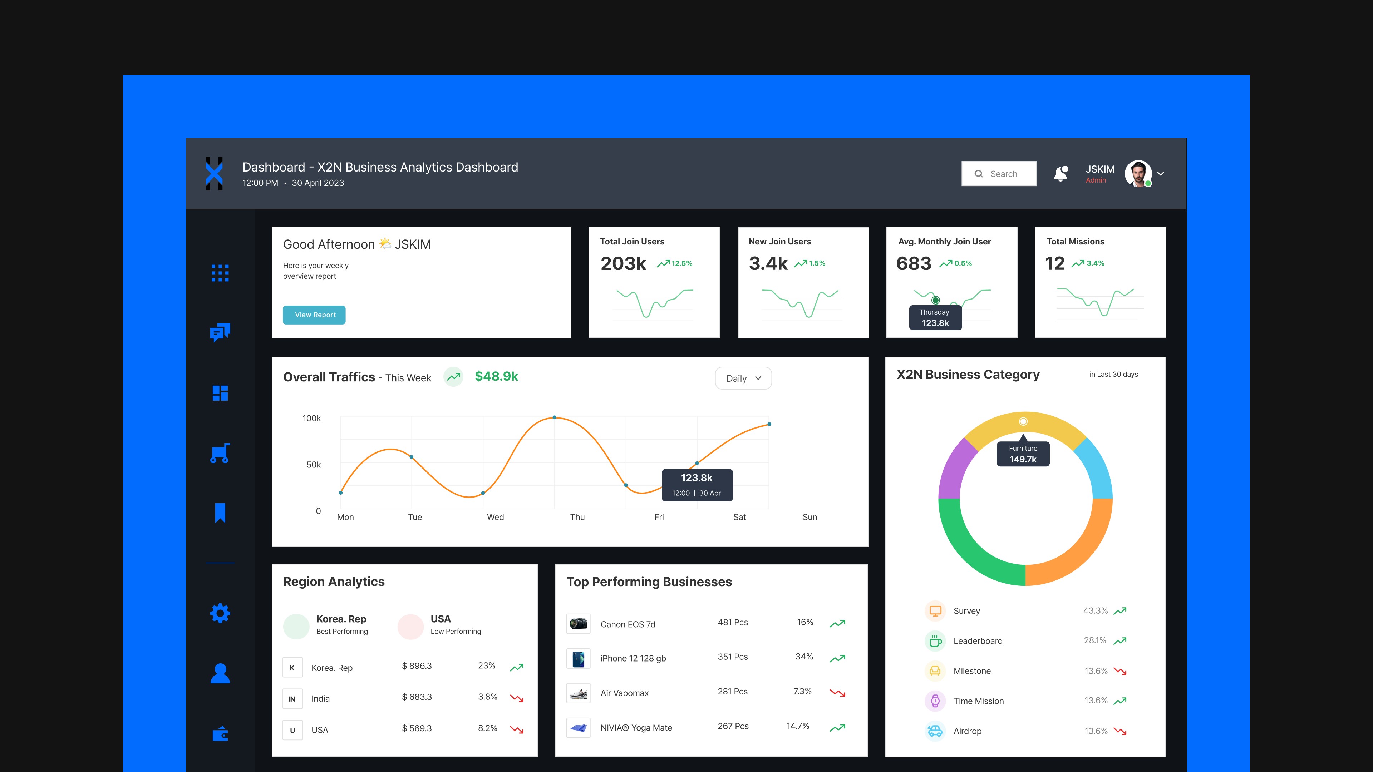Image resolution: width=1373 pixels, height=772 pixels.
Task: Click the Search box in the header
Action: coord(999,174)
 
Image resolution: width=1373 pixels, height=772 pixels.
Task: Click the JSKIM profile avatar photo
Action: coord(1138,174)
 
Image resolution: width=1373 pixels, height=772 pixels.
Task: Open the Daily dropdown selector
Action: coord(743,378)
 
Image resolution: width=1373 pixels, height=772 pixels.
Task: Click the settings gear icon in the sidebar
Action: coord(220,613)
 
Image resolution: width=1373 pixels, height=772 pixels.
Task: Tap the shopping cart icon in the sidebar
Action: coord(220,453)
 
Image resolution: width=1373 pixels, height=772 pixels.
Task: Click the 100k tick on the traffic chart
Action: coord(312,418)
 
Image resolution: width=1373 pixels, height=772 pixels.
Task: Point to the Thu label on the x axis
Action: coord(577,517)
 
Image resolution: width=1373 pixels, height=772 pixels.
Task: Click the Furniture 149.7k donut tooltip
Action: coord(1023,454)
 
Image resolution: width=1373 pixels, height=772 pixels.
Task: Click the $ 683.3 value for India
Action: coord(417,697)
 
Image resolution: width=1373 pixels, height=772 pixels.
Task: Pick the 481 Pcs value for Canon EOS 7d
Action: coord(733,622)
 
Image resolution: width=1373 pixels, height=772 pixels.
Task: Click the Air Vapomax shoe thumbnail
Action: coord(578,693)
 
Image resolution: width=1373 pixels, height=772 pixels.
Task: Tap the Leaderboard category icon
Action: coord(935,641)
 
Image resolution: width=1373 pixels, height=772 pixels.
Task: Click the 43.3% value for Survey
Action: coord(1095,610)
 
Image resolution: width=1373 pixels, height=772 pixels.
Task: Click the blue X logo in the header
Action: coord(214,174)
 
